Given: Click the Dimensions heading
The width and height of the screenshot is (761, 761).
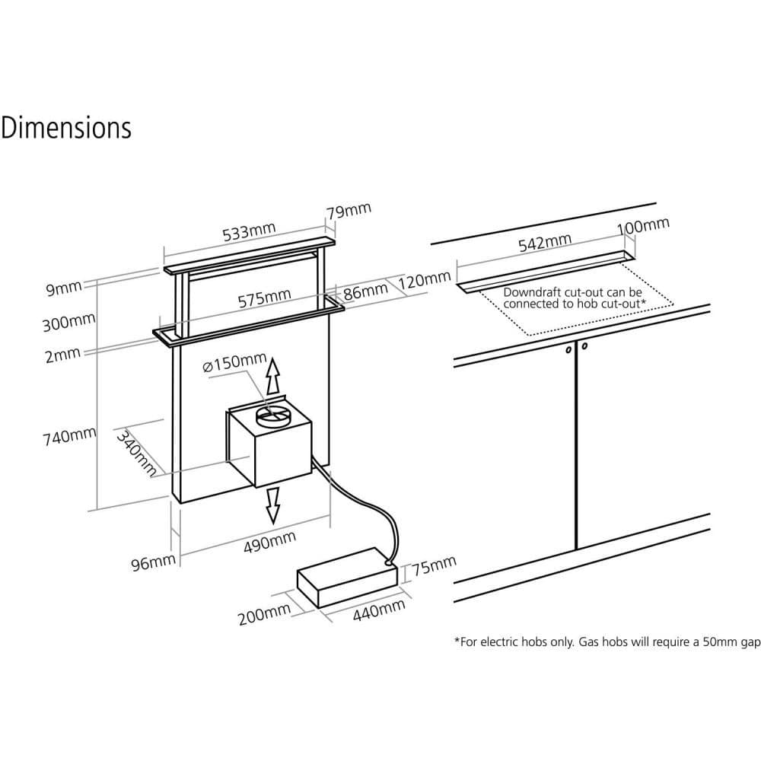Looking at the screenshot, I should (x=66, y=128).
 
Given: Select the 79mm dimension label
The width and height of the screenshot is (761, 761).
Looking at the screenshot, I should (x=349, y=211).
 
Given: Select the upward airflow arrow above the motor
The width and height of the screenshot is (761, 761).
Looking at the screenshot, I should (x=273, y=375).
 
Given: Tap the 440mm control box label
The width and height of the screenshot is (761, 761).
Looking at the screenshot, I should (x=379, y=610).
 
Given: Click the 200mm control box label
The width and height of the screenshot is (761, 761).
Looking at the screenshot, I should (x=264, y=613).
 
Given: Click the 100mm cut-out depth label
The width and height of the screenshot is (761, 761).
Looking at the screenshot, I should (x=644, y=226).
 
